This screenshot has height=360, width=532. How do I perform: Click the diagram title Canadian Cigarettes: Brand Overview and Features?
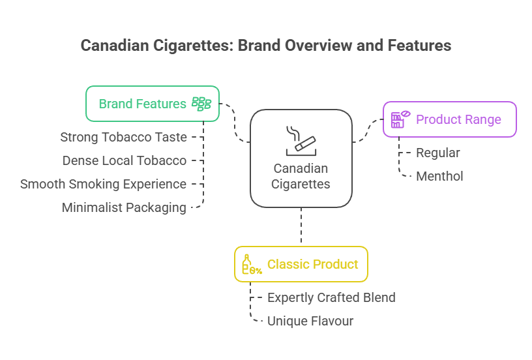[265, 46]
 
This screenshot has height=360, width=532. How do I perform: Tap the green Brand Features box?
[153, 104]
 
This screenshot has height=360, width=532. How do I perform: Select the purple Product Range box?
[449, 119]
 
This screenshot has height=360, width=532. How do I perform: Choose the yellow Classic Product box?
[301, 264]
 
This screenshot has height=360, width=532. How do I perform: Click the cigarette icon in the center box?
[301, 139]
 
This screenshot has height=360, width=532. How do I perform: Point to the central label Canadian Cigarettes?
[301, 176]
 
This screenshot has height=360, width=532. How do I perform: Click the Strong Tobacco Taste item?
[123, 137]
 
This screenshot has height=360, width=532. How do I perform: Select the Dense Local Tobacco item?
[124, 160]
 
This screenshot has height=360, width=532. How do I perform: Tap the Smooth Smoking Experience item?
[103, 184]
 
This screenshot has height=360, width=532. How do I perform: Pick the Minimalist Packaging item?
[124, 207]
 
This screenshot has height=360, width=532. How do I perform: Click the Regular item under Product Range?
[438, 153]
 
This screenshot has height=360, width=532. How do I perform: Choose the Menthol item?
[439, 176]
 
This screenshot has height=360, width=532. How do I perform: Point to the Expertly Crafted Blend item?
[331, 297]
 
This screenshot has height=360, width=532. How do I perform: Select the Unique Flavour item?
[310, 321]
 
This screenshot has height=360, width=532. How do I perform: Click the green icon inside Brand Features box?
[201, 104]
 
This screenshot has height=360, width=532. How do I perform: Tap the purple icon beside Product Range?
[399, 119]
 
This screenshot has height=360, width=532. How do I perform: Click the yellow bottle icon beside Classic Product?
[250, 264]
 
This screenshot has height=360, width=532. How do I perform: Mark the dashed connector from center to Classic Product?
[301, 226]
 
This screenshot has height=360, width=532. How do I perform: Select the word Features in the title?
[418, 46]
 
